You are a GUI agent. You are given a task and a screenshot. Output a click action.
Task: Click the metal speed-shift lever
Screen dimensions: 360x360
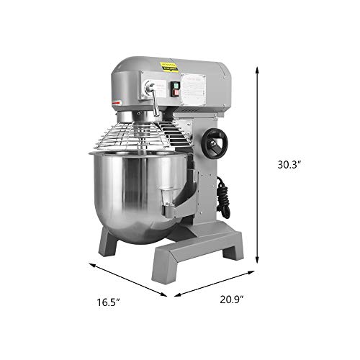[x=153, y=101]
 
